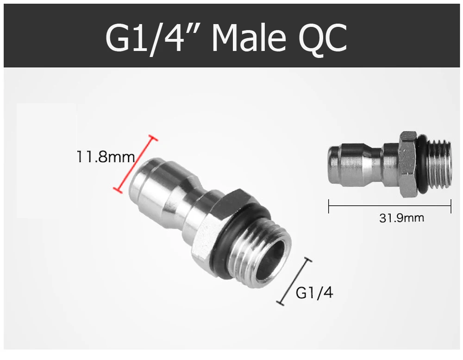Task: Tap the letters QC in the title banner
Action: point(323,38)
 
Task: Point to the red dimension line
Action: point(136,164)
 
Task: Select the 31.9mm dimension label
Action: point(401,218)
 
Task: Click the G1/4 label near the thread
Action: point(314,293)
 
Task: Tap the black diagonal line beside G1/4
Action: point(294,281)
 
